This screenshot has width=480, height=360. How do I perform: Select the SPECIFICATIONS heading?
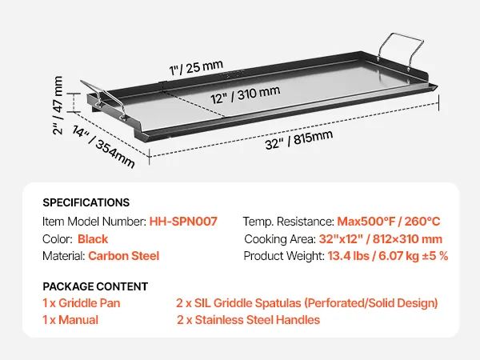click(x=86, y=202)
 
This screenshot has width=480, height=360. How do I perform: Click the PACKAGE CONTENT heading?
click(x=94, y=286)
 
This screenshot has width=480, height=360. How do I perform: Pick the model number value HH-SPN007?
click(x=183, y=221)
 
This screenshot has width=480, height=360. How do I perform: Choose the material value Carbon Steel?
click(x=124, y=256)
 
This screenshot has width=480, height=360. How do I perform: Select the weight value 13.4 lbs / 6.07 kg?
click(x=388, y=256)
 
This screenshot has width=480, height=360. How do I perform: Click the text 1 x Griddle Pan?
click(x=81, y=303)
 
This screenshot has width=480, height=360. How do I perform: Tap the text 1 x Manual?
click(x=70, y=320)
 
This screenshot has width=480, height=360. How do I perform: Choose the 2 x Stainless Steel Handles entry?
click(x=248, y=320)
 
